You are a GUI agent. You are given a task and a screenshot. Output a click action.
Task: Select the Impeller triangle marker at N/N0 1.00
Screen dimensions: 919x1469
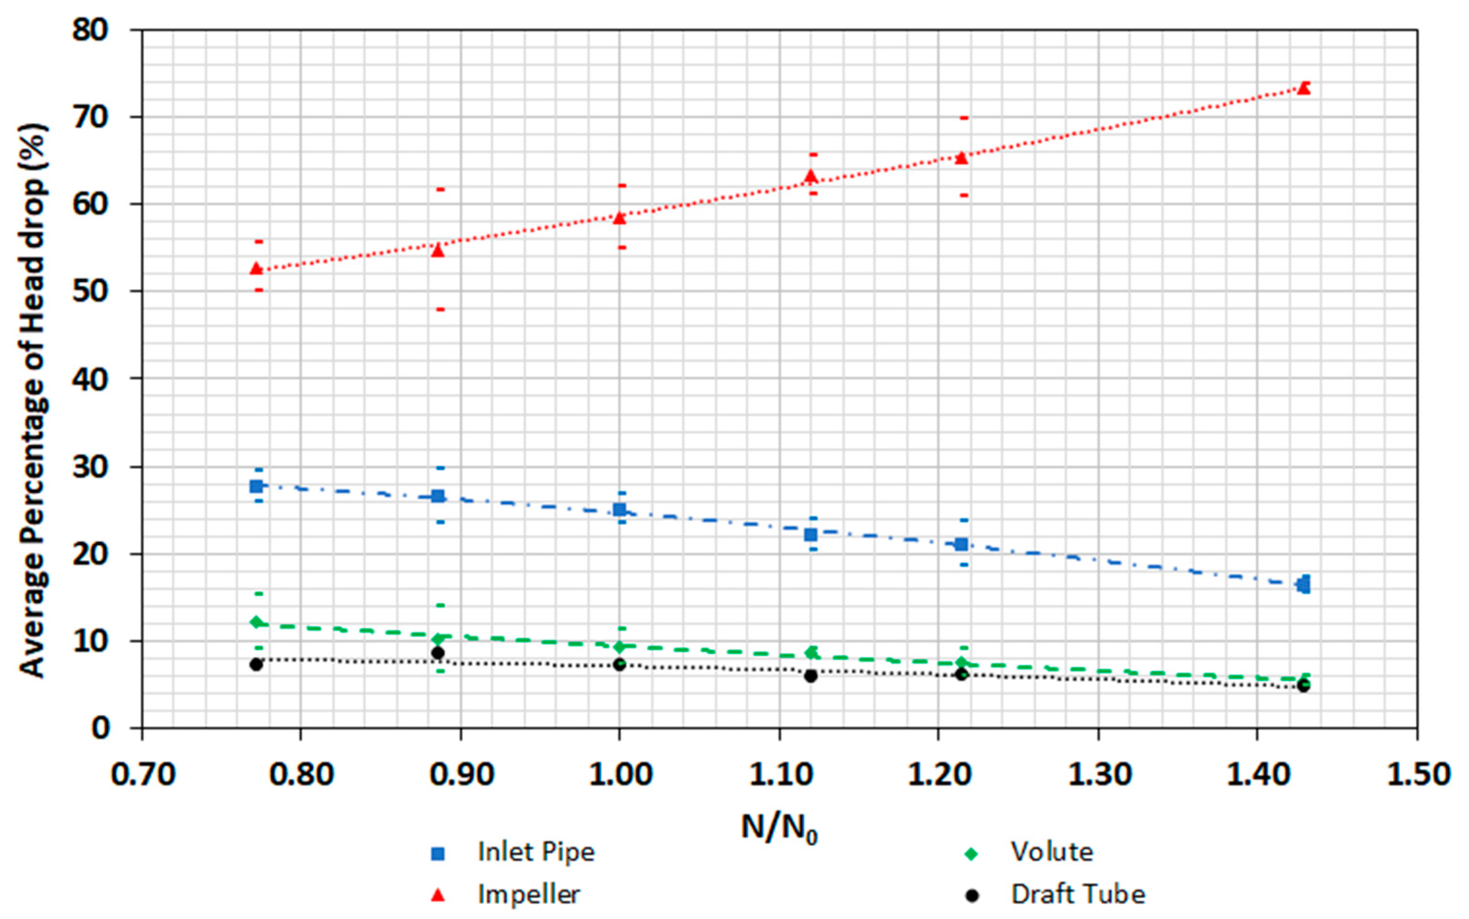[619, 218]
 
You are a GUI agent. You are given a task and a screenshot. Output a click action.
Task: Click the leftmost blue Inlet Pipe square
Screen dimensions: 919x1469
[256, 486]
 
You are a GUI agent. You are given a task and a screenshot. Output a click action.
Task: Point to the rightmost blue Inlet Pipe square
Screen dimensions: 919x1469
[1303, 585]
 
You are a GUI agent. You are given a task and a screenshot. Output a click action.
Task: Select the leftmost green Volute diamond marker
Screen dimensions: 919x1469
[256, 622]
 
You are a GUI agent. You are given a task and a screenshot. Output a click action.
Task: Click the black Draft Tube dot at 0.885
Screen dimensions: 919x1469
[438, 653]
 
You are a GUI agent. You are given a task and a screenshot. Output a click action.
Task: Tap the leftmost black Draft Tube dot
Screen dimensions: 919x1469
[256, 664]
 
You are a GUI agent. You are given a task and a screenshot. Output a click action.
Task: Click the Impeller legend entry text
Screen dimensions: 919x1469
[529, 894]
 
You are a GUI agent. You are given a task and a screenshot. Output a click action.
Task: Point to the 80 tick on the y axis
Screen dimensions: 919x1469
[91, 30]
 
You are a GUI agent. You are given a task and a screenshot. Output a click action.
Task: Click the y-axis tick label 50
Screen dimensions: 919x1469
[91, 291]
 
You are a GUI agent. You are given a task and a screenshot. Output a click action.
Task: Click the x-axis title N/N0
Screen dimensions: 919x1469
[779, 828]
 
